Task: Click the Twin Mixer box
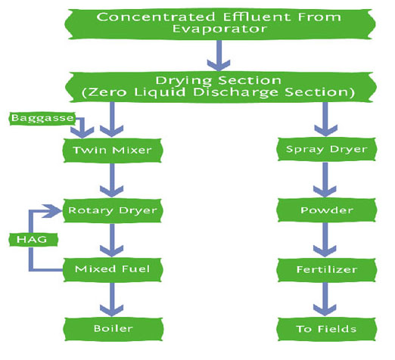point(113,151)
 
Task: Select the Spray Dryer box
point(326,149)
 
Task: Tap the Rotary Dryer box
point(113,210)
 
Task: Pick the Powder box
point(326,210)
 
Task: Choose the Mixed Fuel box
point(113,269)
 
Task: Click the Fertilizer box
point(326,270)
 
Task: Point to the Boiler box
point(113,329)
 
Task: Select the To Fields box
point(326,329)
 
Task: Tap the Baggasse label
point(42,118)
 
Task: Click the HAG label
point(33,240)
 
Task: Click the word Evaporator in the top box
point(219,29)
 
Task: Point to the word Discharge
point(235,92)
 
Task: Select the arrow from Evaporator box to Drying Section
point(219,55)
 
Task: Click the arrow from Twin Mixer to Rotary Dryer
point(112,180)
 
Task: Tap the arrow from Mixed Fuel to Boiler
point(112,299)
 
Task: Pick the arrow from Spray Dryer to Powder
point(325,180)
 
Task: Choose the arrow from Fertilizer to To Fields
point(325,299)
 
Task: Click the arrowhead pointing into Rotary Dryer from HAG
point(52,211)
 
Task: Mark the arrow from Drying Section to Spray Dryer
point(326,119)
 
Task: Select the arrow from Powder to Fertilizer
point(325,240)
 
